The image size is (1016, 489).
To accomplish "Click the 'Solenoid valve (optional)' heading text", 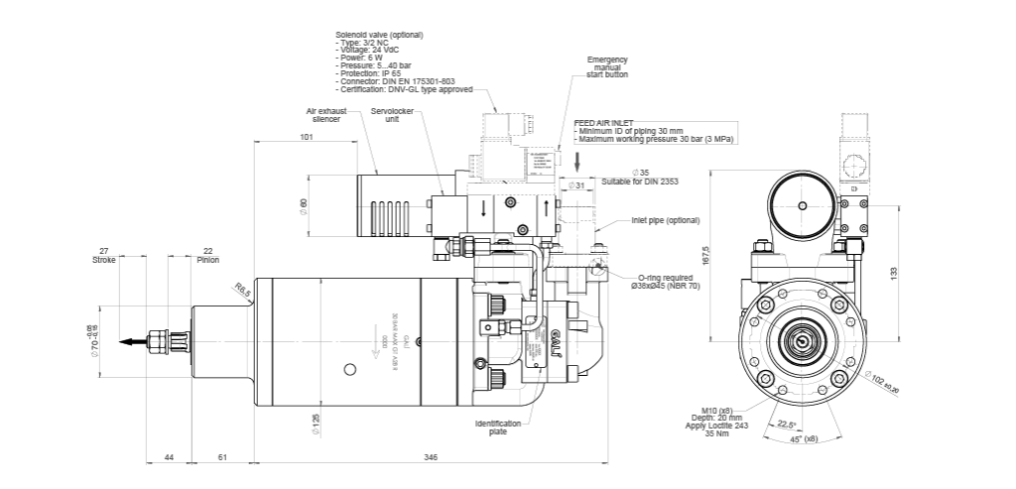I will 379,36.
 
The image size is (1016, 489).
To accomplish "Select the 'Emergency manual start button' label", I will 607,66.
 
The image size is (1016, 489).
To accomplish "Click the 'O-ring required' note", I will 666,281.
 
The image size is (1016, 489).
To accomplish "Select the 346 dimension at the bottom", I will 430,456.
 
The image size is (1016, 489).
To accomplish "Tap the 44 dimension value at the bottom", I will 168,456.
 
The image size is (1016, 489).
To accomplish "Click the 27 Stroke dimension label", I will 103,254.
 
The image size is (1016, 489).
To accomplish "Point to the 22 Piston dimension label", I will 207,254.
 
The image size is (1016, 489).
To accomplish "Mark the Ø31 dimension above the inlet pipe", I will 575,184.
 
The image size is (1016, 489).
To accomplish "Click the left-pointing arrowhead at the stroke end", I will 124,343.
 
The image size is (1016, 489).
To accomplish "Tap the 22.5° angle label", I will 784,424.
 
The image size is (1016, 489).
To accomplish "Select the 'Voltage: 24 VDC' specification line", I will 367,51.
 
